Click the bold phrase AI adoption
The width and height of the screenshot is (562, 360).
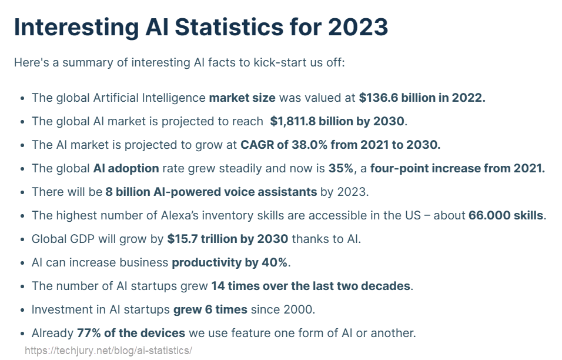126,168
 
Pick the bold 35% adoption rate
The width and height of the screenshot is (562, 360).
341,168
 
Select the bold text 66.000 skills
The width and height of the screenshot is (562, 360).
506,215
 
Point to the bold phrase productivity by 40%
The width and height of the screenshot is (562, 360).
230,262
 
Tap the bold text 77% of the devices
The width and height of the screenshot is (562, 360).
131,333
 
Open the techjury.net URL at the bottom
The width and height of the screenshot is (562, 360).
108,351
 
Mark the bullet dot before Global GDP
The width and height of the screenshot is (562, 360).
22,239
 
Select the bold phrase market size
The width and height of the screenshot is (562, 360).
242,98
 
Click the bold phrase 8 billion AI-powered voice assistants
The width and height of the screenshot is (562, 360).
212,192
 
